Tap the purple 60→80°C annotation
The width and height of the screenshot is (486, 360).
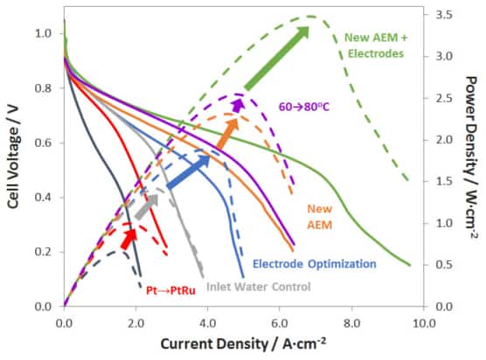click(x=303, y=103)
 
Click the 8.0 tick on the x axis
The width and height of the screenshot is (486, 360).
click(x=352, y=322)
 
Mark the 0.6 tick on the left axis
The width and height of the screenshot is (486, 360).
click(x=43, y=142)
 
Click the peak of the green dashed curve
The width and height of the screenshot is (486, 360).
click(x=310, y=17)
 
